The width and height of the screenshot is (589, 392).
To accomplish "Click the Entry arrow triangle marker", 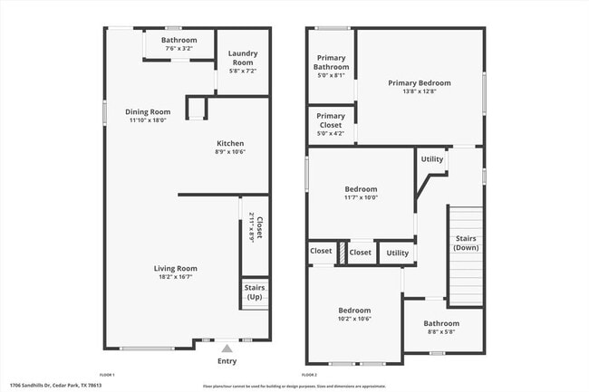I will click(x=227, y=348).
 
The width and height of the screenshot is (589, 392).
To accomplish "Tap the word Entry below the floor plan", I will click(x=227, y=361).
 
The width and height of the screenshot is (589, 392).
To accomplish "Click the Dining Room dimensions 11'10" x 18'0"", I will click(x=148, y=120).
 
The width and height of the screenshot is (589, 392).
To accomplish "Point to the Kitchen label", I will click(x=229, y=143).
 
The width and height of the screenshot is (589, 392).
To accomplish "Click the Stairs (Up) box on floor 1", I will click(x=255, y=292).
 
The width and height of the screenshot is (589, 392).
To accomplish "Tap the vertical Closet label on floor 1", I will click(x=259, y=228).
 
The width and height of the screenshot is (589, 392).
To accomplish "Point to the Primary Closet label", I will click(x=331, y=120).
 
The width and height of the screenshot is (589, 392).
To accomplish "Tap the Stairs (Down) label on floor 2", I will click(x=466, y=242).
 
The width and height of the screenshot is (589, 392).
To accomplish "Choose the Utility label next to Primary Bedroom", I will click(x=432, y=159).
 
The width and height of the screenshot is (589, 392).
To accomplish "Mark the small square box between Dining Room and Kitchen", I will click(x=196, y=109).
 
